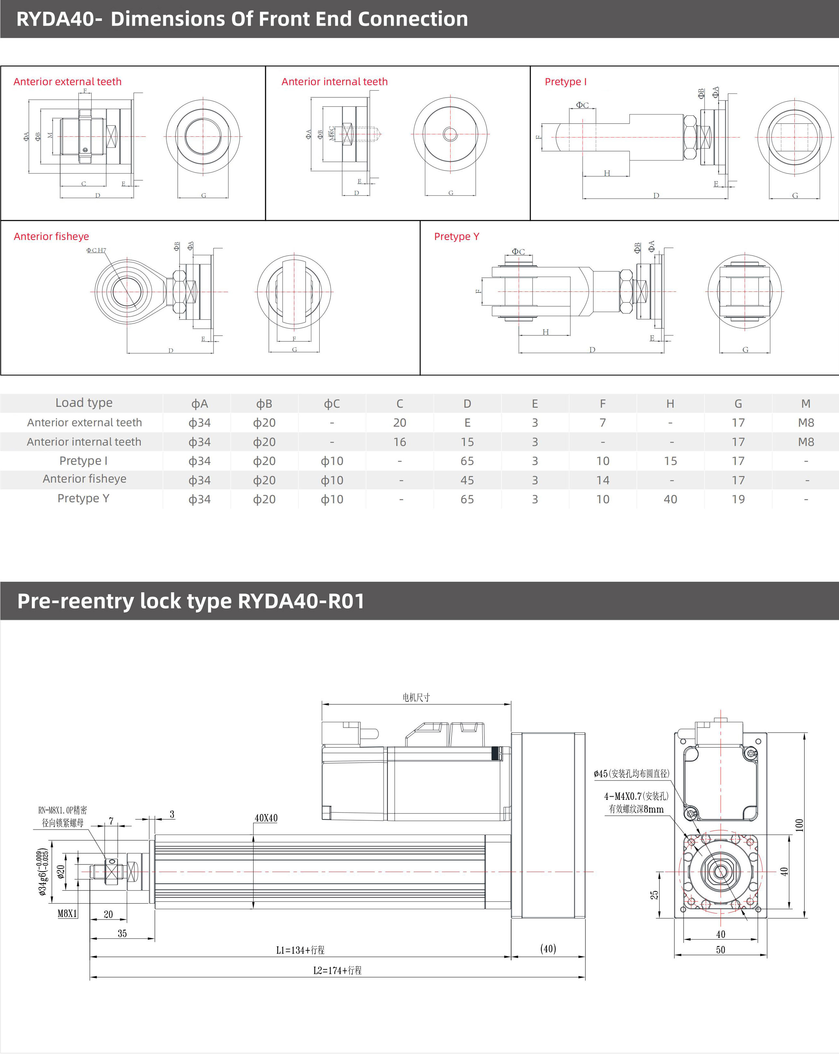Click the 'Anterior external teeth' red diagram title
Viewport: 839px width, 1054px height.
click(67, 82)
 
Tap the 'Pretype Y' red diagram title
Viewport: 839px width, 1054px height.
click(456, 237)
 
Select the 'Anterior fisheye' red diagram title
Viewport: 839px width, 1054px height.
click(51, 237)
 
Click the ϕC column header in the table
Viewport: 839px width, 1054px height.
click(332, 404)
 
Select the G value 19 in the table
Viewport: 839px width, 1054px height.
click(738, 499)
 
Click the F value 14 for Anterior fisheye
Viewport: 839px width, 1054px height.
click(602, 480)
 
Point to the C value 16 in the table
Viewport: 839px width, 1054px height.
click(399, 442)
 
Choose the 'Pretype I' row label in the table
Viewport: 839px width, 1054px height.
click(84, 461)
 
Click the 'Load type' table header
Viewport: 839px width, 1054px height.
click(84, 403)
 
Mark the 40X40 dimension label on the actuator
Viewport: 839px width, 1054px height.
click(266, 818)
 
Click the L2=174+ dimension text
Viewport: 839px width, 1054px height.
click(337, 970)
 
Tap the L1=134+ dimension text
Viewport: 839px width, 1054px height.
click(300, 950)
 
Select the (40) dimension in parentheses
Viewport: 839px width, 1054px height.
click(548, 949)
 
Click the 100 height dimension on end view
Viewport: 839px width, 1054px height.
click(799, 825)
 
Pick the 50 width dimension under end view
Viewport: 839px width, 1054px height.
click(720, 950)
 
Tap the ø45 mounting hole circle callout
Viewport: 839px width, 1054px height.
click(631, 773)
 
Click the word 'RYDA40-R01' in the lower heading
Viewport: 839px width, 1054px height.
click(301, 601)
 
